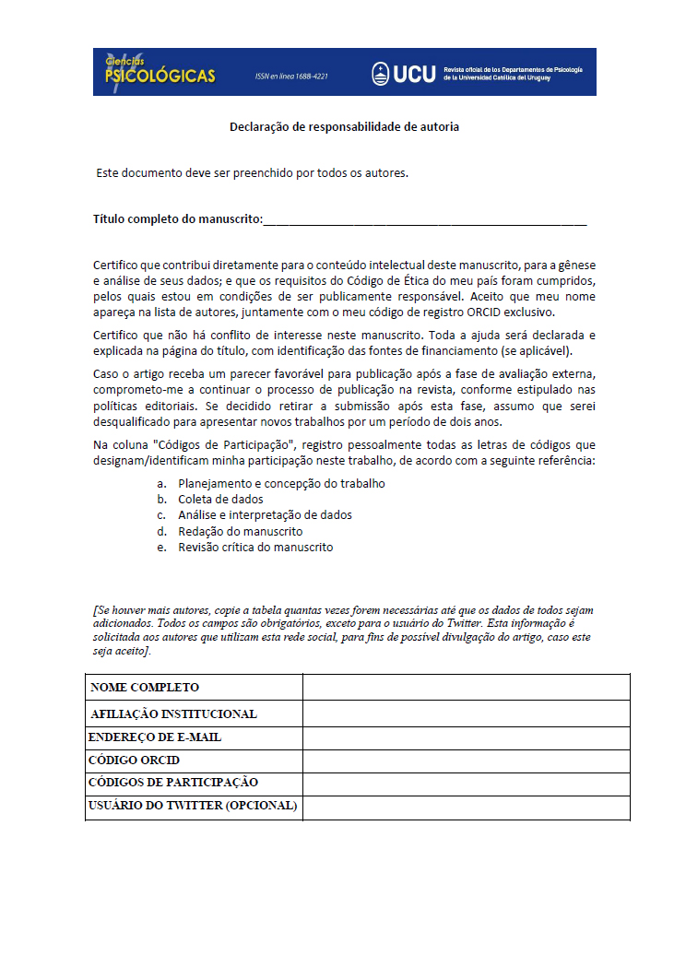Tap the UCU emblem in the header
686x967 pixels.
click(x=380, y=74)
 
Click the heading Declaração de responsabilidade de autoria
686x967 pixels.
click(x=344, y=126)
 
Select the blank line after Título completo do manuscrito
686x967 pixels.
click(x=425, y=220)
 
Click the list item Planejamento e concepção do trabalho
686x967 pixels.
click(x=281, y=483)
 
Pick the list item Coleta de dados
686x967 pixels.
click(x=220, y=499)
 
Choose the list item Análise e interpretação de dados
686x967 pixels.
click(x=265, y=515)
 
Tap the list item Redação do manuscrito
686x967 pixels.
click(x=240, y=531)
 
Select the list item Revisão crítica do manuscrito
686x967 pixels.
click(x=255, y=547)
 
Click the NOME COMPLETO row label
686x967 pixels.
click(x=145, y=688)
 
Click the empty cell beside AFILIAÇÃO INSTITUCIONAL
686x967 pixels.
click(x=466, y=713)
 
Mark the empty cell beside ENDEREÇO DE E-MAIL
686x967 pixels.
click(x=466, y=737)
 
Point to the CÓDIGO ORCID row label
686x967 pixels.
click(x=134, y=761)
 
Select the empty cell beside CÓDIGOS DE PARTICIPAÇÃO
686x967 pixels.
click(x=466, y=784)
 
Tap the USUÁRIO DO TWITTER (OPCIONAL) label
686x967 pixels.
click(x=193, y=806)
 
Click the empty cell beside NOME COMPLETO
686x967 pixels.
click(x=466, y=688)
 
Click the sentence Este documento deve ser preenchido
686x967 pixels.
click(x=252, y=172)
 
